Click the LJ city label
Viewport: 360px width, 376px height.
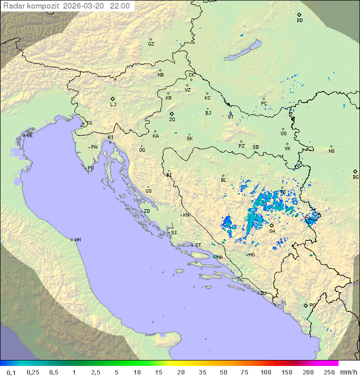[x=113, y=105]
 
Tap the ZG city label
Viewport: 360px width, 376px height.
[x=172, y=120]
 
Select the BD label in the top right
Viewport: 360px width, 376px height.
[x=299, y=21]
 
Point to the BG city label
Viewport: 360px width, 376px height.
[x=355, y=177]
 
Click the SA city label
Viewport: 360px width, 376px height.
[x=272, y=231]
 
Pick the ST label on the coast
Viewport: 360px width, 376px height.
[x=198, y=245]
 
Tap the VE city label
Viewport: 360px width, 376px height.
[x=29, y=136]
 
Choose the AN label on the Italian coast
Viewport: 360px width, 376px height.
[x=77, y=240]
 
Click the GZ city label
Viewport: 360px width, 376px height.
[x=151, y=44]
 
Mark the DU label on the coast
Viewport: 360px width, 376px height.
[x=262, y=293]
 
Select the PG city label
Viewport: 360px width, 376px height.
[x=312, y=305]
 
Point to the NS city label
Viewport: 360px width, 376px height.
[x=331, y=151]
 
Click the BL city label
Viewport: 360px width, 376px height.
[x=223, y=180]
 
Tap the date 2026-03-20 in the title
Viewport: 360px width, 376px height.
[x=85, y=6]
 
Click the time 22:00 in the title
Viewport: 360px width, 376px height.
[x=120, y=6]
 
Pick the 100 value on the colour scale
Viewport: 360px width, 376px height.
[x=265, y=372]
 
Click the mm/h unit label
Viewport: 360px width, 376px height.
[x=347, y=372]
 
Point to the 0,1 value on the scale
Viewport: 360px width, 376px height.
[x=11, y=372]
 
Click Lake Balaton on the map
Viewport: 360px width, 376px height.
[x=243, y=51]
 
